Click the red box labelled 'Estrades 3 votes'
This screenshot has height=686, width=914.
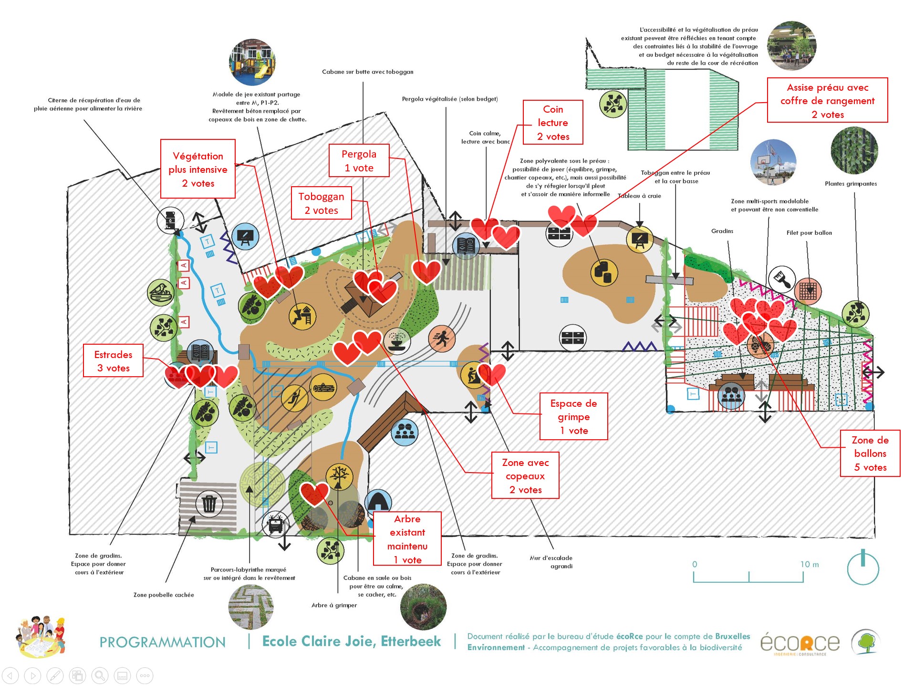tap(113, 361)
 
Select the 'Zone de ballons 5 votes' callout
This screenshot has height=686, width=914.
tap(870, 454)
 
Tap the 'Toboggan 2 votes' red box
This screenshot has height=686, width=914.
tap(321, 203)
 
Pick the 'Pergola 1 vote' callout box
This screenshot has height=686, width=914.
tap(359, 161)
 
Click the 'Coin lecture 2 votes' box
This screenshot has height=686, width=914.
tap(553, 123)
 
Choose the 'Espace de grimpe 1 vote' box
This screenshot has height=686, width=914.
tap(573, 417)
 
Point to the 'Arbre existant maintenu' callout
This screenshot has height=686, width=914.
tap(407, 539)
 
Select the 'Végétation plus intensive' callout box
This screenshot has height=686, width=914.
tap(198, 169)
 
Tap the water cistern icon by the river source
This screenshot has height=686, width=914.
tap(170, 221)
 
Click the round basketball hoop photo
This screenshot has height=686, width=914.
tap(773, 162)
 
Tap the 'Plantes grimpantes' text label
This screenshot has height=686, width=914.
tap(851, 184)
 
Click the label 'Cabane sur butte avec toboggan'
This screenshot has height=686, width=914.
tap(367, 72)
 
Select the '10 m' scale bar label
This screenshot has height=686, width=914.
tap(809, 564)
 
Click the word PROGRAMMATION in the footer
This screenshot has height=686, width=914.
tap(162, 642)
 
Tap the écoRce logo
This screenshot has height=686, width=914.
tap(800, 644)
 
